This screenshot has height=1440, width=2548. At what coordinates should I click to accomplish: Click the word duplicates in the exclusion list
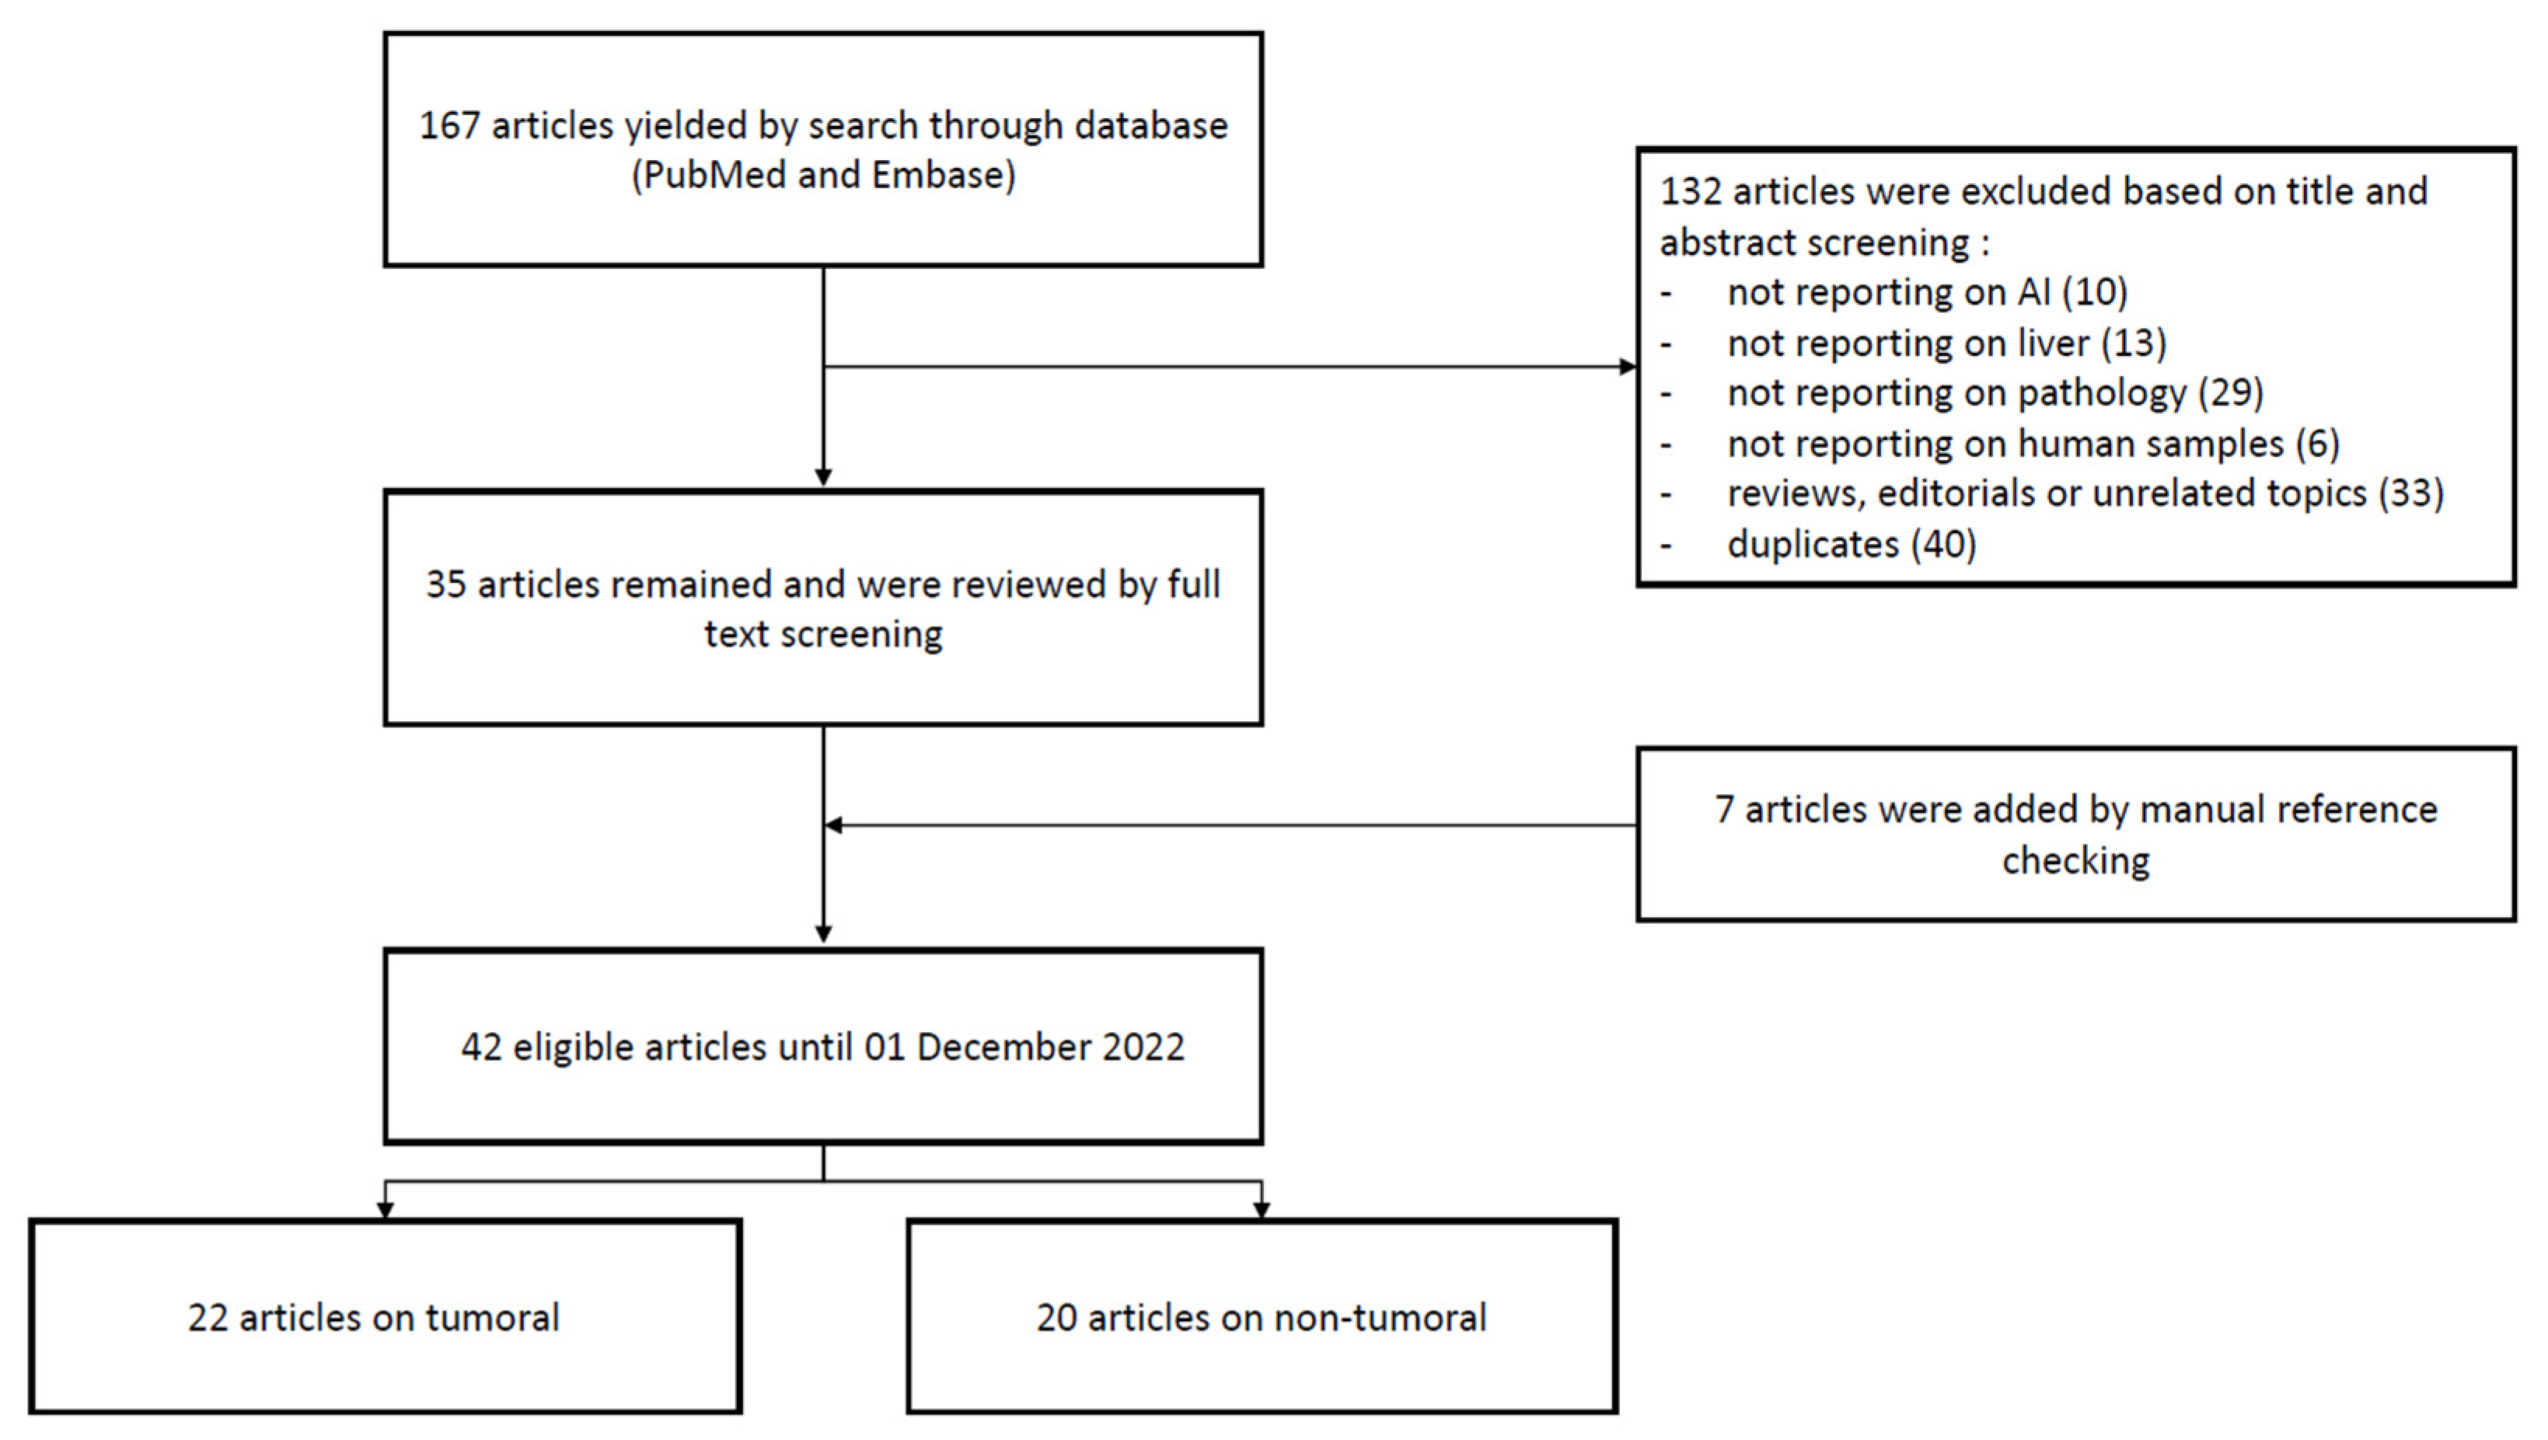[1812, 545]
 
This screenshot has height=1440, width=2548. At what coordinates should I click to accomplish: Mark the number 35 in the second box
[445, 585]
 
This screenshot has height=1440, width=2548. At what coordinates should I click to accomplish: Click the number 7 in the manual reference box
[1724, 810]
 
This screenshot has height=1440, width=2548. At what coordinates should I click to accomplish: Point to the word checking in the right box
[2075, 861]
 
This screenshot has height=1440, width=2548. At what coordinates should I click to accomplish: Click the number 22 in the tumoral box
[207, 1318]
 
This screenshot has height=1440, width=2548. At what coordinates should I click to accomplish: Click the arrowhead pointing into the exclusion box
[1627, 367]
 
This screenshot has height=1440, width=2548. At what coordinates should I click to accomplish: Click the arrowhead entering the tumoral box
[385, 1209]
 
